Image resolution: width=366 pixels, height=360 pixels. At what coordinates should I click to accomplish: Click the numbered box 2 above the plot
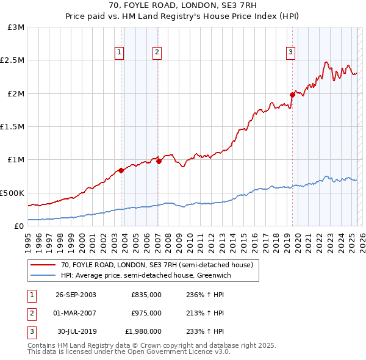[157, 52]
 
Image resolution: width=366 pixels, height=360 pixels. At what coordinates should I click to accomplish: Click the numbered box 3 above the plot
[290, 52]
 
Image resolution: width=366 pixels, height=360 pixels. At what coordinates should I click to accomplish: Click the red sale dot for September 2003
[121, 170]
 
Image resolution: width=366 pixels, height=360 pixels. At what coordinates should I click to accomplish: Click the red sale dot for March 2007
[158, 161]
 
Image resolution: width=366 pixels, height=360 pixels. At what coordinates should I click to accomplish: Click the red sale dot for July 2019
[292, 95]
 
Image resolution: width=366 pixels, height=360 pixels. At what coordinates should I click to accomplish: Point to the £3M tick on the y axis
[16, 27]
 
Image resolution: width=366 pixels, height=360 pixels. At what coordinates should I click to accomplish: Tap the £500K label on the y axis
[13, 193]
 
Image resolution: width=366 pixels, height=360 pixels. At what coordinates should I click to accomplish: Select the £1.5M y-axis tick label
[13, 127]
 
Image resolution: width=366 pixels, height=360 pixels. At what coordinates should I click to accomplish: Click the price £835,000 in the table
[146, 295]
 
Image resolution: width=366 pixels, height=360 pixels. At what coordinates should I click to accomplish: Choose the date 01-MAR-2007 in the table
[76, 313]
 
